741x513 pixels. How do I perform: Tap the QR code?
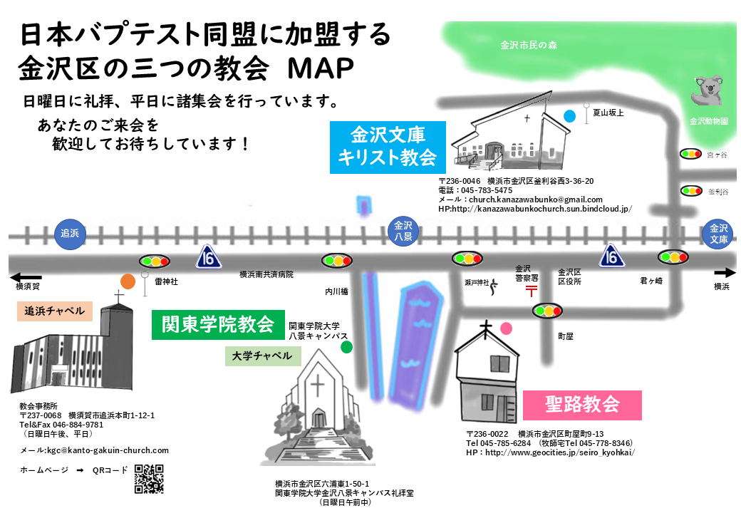tap(149, 478)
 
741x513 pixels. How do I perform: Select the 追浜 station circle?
tap(69, 234)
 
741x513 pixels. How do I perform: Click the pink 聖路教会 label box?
tap(582, 405)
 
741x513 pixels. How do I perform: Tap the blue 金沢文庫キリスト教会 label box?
tap(387, 147)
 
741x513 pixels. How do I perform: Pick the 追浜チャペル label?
tap(55, 311)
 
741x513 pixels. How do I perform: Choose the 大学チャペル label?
tap(262, 356)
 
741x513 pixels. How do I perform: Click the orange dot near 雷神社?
tap(128, 281)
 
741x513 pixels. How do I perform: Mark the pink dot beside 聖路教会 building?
tap(506, 328)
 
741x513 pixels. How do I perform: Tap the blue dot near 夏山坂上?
tap(569, 115)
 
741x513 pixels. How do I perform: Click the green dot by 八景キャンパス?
tap(346, 347)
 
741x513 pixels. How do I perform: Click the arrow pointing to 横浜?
tap(724, 272)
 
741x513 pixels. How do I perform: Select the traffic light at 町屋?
tap(547, 311)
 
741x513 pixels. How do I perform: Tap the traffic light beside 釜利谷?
tap(690, 190)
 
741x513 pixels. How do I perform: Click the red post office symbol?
tap(532, 291)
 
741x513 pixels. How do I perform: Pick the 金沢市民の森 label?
tap(528, 46)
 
